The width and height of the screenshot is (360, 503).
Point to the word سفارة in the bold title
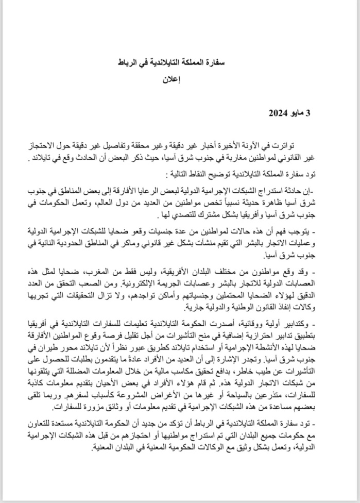pyautogui.click(x=223, y=61)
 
